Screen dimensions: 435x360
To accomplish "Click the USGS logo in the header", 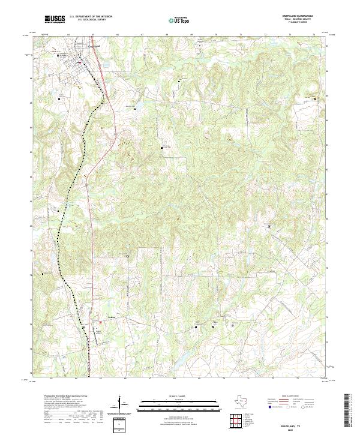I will [x=55, y=20].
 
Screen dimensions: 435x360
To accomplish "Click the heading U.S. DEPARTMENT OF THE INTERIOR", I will [x=91, y=17].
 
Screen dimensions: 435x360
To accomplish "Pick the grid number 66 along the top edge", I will [x=118, y=35].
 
